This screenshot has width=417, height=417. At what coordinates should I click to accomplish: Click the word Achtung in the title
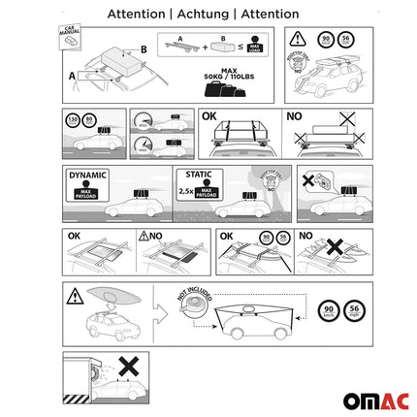[208, 15]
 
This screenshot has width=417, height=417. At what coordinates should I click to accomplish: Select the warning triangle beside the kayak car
[74, 296]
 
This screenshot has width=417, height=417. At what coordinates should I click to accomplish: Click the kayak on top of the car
[114, 298]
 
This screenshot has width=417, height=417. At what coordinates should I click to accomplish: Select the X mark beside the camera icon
[308, 180]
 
